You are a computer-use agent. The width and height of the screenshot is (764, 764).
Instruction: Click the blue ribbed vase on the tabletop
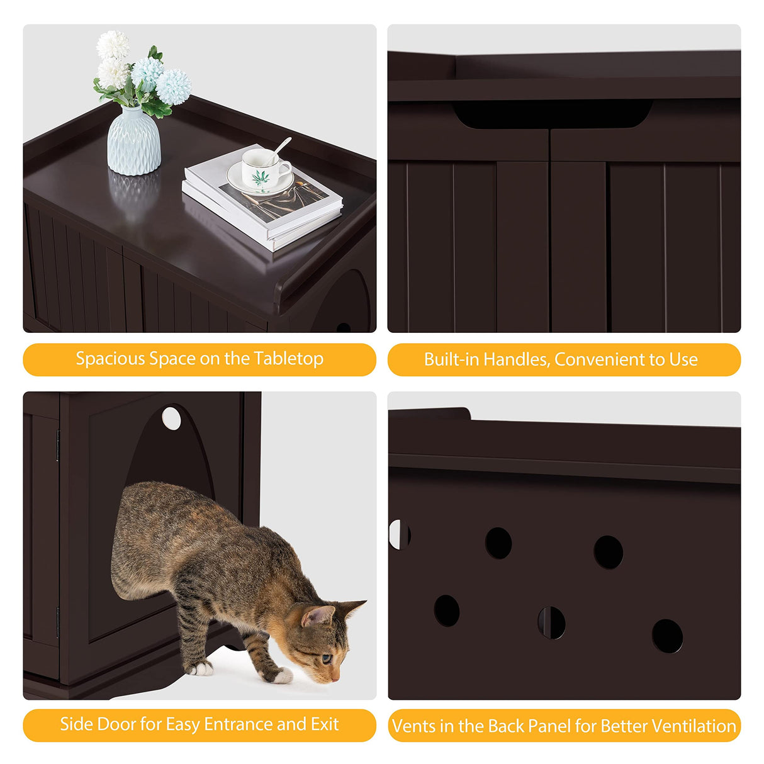pos(133,141)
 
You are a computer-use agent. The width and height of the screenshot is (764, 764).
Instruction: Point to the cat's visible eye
pos(327,659)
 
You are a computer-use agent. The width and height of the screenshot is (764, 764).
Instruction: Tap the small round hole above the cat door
pos(171,418)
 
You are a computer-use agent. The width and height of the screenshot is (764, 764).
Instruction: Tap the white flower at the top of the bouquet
pos(113,45)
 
